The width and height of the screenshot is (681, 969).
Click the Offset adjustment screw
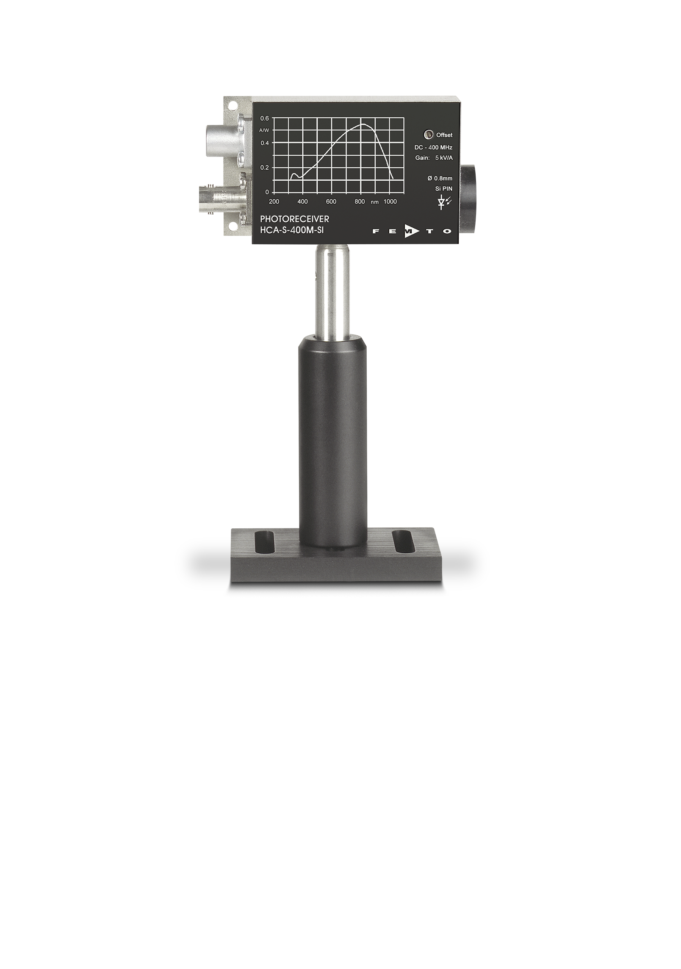pos(429,135)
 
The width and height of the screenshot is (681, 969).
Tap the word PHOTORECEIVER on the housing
pos(295,219)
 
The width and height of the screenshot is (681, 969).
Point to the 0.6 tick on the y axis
pos(265,119)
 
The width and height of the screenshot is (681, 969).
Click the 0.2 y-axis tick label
pos(265,167)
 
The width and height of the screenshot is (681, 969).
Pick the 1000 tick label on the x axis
pos(390,202)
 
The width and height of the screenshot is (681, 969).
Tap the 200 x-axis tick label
pos(274,202)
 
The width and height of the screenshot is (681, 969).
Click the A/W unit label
pos(264,131)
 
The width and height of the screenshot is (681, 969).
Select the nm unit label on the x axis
pos(374,202)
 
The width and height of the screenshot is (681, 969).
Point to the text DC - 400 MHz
pos(433,148)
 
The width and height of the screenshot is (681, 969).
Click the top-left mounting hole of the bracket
pos(231,104)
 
